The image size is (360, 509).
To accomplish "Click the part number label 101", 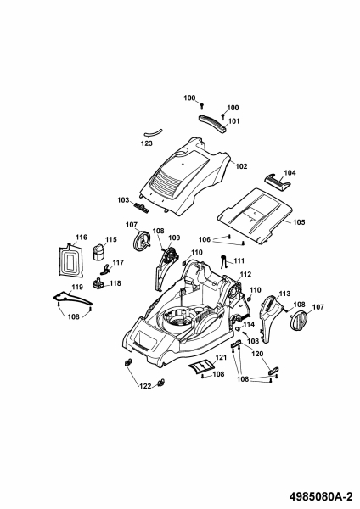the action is [x=234, y=121].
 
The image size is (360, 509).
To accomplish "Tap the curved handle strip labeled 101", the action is [x=212, y=123].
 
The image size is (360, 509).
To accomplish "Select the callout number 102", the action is [x=241, y=166].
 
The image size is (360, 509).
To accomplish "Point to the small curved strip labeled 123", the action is [x=154, y=133].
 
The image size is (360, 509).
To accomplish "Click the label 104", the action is [x=290, y=173].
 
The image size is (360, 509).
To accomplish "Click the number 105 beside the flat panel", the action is [x=299, y=222].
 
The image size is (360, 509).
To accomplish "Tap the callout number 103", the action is [x=123, y=200].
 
